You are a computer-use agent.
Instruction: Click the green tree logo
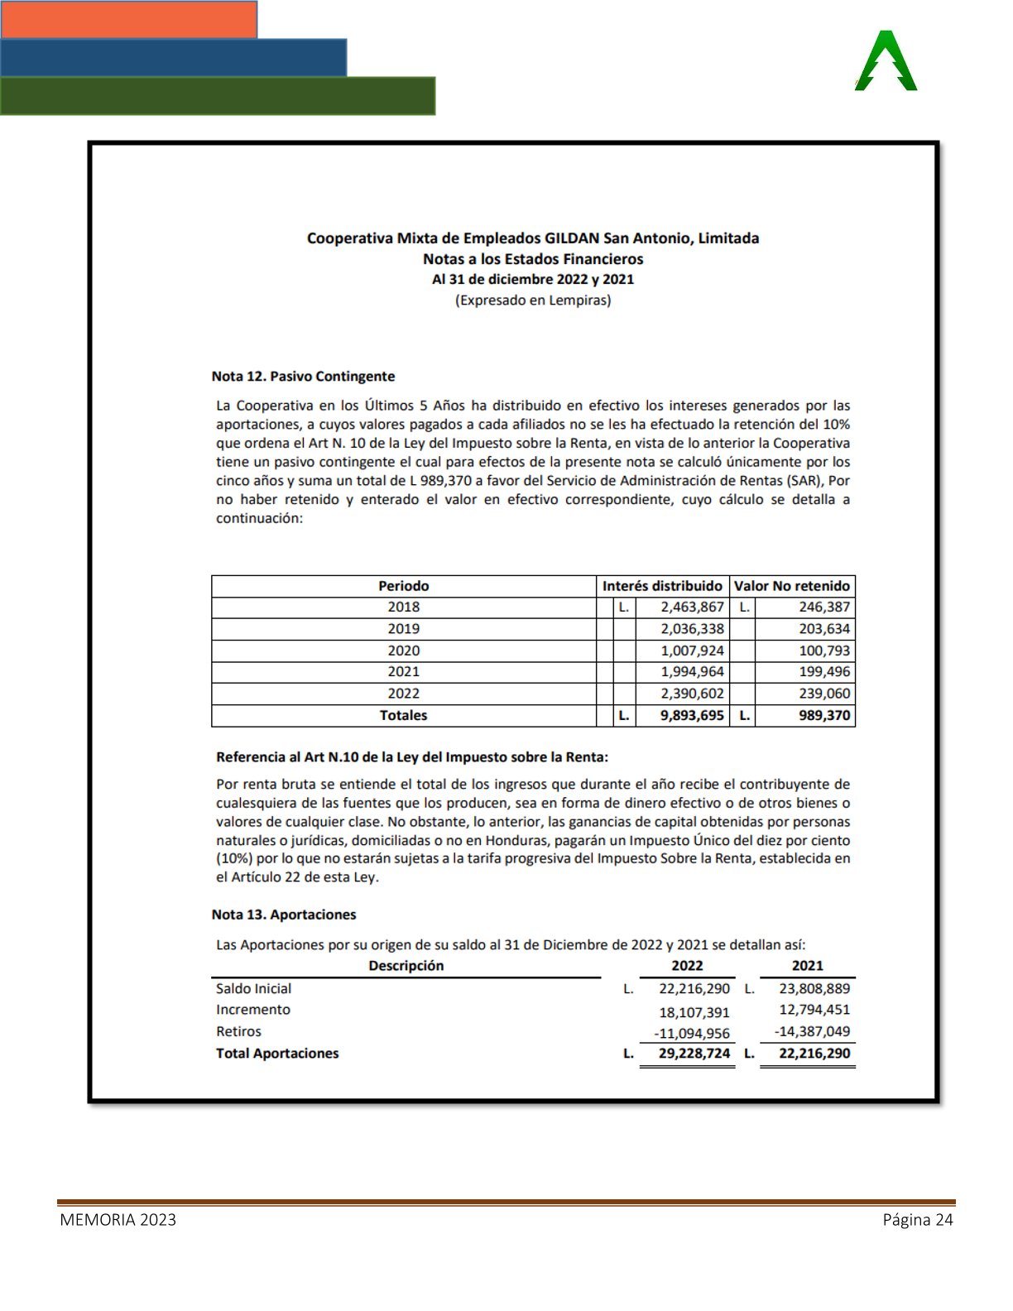tap(886, 61)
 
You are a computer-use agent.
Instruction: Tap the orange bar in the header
tap(128, 19)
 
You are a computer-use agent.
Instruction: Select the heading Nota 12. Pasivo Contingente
tap(303, 377)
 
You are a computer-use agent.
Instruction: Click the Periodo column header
tap(403, 586)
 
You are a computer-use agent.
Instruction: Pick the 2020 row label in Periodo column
tap(403, 651)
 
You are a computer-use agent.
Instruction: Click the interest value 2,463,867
tap(692, 607)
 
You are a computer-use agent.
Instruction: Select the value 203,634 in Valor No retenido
tap(823, 629)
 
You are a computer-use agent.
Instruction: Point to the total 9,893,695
tap(691, 715)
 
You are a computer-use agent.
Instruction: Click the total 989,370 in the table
tap(823, 715)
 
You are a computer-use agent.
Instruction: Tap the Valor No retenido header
tap(791, 586)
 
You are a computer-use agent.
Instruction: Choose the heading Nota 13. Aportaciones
tap(284, 915)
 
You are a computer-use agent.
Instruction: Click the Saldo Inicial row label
tap(253, 988)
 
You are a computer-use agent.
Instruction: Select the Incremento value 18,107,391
tap(694, 1012)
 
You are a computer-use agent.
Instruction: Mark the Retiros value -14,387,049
tap(812, 1031)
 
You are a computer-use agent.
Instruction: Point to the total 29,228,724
tap(694, 1054)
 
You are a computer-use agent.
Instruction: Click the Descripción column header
tap(406, 966)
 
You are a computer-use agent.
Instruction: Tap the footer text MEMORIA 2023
tap(118, 1219)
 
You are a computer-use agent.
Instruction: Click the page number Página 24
tap(918, 1219)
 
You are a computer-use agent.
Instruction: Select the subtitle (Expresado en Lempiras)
tap(533, 300)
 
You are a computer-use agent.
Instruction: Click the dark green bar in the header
tap(217, 96)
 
